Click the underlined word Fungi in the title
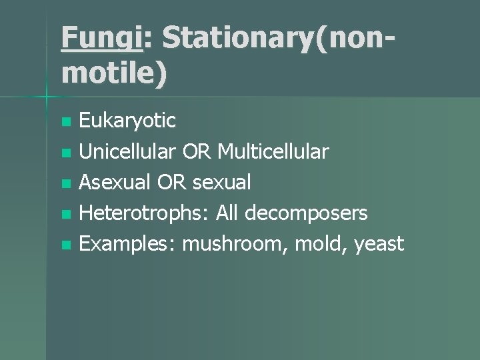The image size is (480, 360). (101, 38)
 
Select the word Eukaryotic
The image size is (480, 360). (127, 121)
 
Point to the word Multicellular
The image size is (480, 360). (273, 152)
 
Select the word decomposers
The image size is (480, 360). (306, 213)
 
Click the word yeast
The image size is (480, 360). (379, 244)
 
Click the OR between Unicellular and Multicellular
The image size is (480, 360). (197, 152)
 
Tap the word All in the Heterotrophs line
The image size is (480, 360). (226, 213)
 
